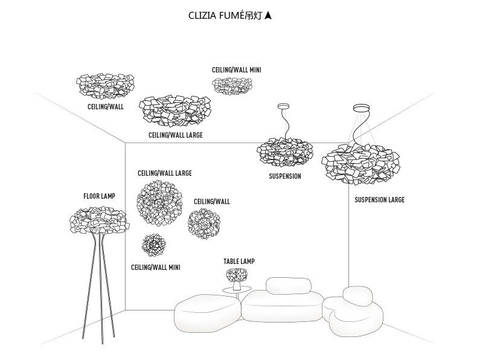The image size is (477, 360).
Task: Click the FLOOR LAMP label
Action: [99, 196]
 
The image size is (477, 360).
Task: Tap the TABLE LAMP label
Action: [239, 262]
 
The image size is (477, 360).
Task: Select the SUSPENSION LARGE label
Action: [379, 200]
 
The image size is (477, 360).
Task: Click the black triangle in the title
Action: [269, 15]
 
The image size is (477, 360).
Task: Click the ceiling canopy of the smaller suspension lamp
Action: [284, 107]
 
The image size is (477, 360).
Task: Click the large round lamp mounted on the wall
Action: [159, 202]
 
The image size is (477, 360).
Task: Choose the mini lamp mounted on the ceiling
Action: [232, 86]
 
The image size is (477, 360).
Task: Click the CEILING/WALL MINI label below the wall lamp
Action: [155, 267]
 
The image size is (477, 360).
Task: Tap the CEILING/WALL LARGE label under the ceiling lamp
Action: [175, 135]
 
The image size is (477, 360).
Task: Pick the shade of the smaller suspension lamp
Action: [284, 152]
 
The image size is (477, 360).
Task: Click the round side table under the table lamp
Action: [237, 291]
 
